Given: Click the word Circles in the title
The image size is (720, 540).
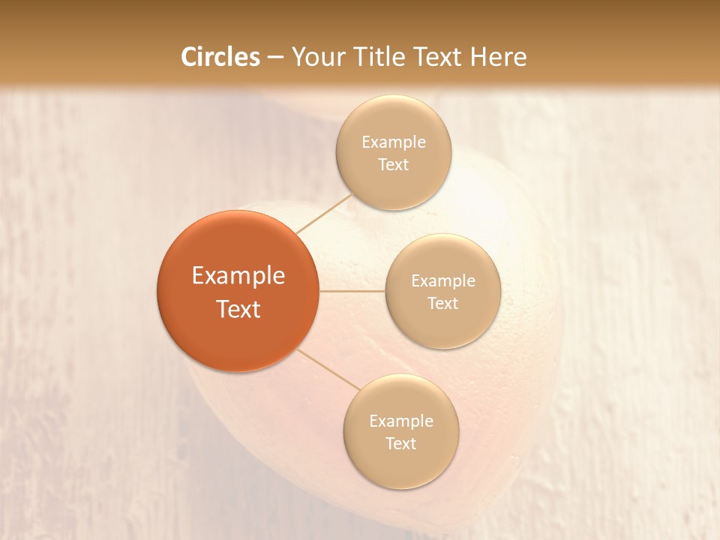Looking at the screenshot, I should pyautogui.click(x=220, y=57).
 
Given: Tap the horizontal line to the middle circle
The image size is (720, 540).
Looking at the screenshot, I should pyautogui.click(x=352, y=290).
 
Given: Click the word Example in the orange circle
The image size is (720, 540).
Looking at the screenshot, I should pyautogui.click(x=238, y=276).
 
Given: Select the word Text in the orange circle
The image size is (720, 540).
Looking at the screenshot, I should pyautogui.click(x=238, y=309).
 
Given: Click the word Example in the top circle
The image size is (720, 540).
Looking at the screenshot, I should pyautogui.click(x=394, y=142).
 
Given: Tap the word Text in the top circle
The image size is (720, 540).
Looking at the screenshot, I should pyautogui.click(x=394, y=165).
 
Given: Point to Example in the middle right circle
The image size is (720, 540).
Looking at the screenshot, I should pyautogui.click(x=443, y=281).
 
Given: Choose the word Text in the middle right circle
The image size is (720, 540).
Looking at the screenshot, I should pyautogui.click(x=443, y=304).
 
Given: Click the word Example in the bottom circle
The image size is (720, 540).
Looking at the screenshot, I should pyautogui.click(x=401, y=421).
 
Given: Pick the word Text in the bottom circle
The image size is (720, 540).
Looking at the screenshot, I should pyautogui.click(x=401, y=444).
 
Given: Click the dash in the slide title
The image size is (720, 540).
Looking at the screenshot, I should pyautogui.click(x=275, y=58).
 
